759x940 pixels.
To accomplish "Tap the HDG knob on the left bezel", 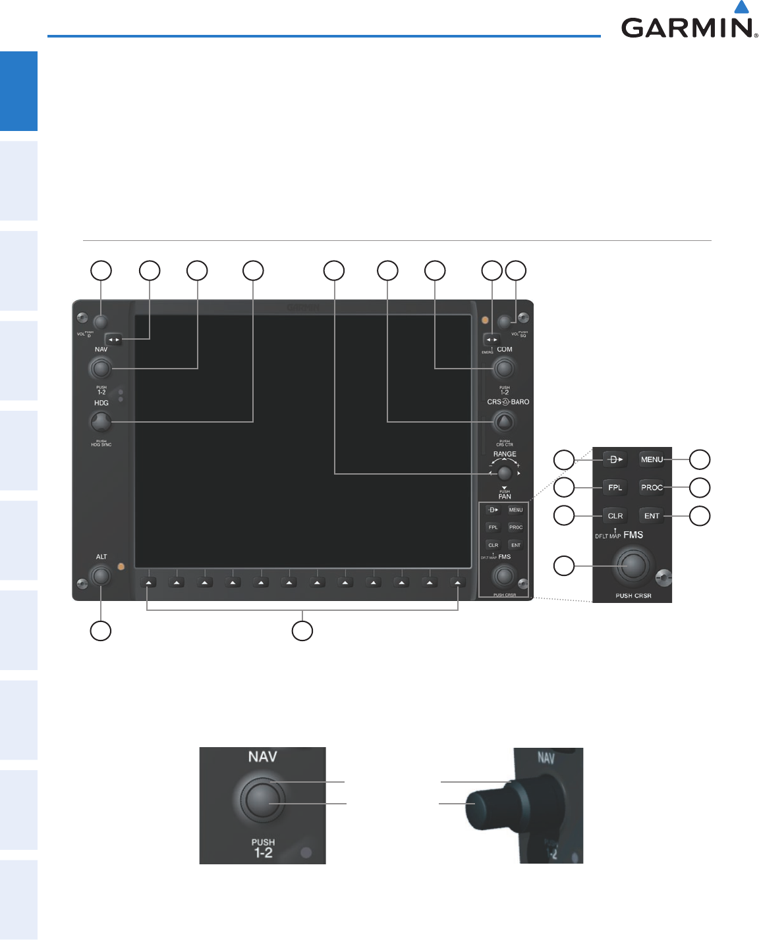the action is pos(101,421).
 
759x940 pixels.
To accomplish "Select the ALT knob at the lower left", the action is pos(101,576).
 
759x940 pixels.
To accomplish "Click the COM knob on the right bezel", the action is pos(504,368).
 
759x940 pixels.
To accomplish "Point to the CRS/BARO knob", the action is pos(504,421).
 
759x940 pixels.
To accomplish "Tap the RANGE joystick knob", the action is pos(505,473).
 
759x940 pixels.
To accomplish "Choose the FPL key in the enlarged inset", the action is pos(615,488).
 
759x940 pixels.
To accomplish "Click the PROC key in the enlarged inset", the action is pos(652,488).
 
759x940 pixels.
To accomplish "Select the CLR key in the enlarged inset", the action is pos(615,516).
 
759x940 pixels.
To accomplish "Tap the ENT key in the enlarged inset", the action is pos(652,516).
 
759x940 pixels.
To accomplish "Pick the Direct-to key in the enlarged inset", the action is pos(615,459).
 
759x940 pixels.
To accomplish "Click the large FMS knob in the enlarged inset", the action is pos(632,565).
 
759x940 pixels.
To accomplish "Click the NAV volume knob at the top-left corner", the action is pos(100,322).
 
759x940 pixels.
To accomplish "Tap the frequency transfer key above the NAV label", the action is pos(114,340).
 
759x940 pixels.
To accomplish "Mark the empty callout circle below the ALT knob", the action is pos(100,631).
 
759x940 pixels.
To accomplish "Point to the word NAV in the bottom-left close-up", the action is pos(262,757).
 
